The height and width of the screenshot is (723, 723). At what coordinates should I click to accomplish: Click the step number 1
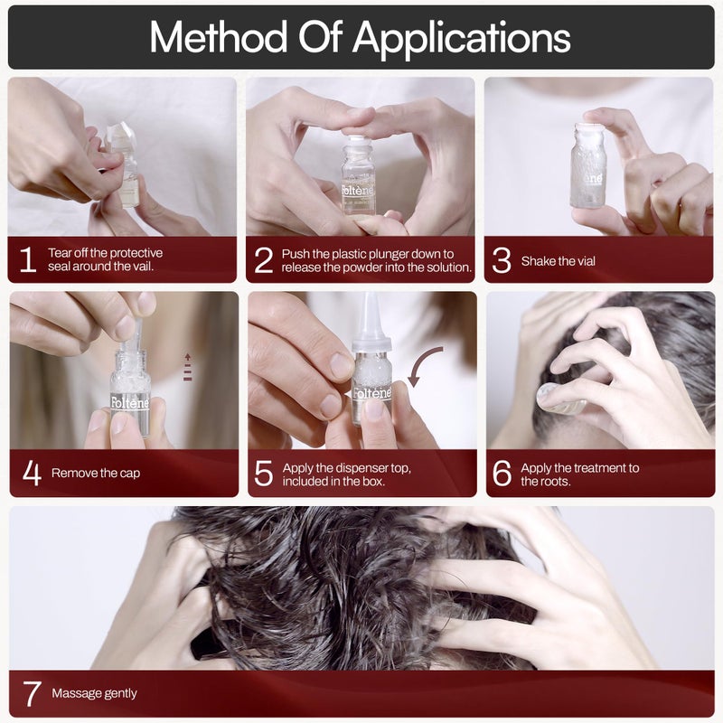pos(28,261)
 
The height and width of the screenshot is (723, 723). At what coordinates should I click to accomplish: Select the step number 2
pos(263,261)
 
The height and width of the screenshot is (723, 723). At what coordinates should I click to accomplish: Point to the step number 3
pos(502,261)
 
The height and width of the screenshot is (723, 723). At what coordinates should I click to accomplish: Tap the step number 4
pos(32,473)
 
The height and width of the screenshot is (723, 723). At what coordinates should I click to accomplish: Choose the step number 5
pos(263,473)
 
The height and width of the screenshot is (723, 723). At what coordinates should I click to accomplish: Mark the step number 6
pos(502,473)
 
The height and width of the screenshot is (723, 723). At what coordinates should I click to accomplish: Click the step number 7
pos(32,693)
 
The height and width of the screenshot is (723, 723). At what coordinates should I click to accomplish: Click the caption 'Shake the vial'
pos(558,261)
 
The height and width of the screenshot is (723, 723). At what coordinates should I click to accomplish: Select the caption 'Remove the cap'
pos(95,473)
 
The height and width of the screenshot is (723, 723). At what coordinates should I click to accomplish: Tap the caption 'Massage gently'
pos(94,693)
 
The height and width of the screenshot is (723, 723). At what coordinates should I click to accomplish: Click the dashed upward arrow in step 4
pos(187,366)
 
